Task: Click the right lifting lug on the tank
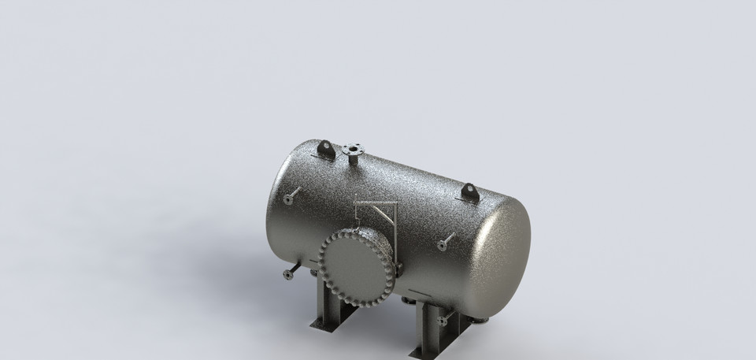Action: point(469,191)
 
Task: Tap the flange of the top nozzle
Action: point(354,147)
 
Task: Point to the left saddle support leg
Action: point(328,303)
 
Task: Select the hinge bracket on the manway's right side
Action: point(398,266)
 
